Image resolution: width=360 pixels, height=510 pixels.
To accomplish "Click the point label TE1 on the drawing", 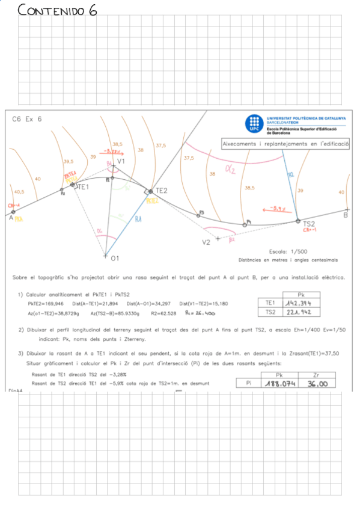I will pyautogui.click(x=82, y=187).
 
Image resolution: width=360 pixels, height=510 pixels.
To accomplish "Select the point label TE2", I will pyautogui.click(x=161, y=191).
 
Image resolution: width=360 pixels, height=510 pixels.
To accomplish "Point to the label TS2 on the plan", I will pyautogui.click(x=309, y=223).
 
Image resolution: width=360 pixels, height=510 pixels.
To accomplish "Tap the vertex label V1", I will pyautogui.click(x=121, y=161).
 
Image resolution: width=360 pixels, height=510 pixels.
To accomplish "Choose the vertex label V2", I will pyautogui.click(x=206, y=242).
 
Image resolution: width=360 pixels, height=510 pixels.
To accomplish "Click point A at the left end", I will pyautogui.click(x=11, y=218).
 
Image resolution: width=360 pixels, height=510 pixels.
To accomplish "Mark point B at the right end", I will pyautogui.click(x=346, y=214).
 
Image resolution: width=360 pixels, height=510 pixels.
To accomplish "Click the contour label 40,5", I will pyautogui.click(x=19, y=192).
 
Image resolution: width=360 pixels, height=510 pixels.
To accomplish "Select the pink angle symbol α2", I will pyautogui.click(x=230, y=170).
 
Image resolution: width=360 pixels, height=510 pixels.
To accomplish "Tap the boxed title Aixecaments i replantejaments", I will pyautogui.click(x=285, y=144).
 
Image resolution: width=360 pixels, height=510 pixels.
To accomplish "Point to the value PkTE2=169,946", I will pyautogui.click(x=46, y=304).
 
